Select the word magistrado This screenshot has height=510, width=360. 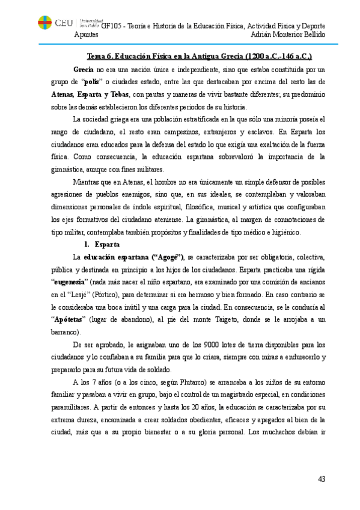click(231, 395)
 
